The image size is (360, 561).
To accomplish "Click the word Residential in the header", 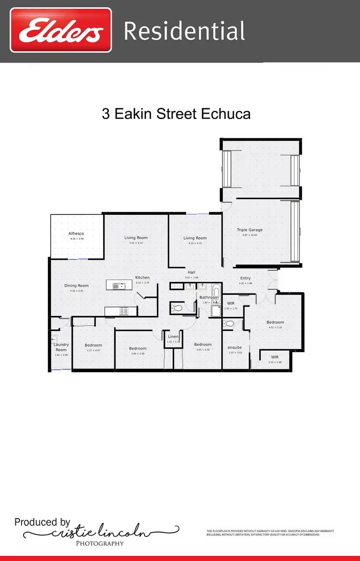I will click(x=184, y=31).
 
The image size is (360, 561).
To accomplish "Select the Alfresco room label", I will click(x=76, y=233).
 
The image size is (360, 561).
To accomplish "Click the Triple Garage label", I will click(x=250, y=230).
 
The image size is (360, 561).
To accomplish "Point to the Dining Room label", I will click(x=76, y=286).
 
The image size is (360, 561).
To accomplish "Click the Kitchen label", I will click(x=143, y=278).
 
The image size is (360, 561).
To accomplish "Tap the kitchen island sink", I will click(x=118, y=286).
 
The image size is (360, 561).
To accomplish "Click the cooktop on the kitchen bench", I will click(x=124, y=311).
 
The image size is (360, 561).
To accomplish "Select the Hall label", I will click(x=192, y=272).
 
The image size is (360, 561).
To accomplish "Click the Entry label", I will click(x=245, y=278).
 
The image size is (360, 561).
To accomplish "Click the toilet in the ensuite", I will click(x=228, y=324).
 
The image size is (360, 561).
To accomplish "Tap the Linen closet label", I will click(x=173, y=337).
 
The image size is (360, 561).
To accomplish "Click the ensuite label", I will click(x=235, y=347).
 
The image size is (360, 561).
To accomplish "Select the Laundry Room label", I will click(x=61, y=347).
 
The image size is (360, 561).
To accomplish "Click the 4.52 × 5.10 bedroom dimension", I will click(x=275, y=328).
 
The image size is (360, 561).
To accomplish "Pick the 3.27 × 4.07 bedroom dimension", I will click(x=93, y=351).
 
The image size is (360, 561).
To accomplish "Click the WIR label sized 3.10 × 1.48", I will click(x=275, y=357).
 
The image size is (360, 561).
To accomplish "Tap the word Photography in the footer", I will click(x=100, y=543).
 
